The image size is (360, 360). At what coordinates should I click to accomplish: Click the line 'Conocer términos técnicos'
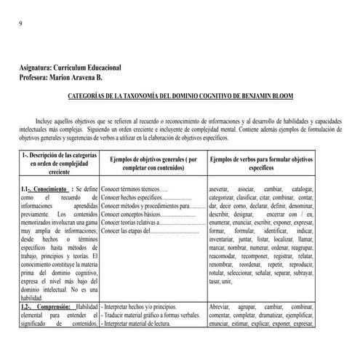tap(127, 188)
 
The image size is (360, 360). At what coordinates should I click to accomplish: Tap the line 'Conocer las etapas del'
tap(127, 231)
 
